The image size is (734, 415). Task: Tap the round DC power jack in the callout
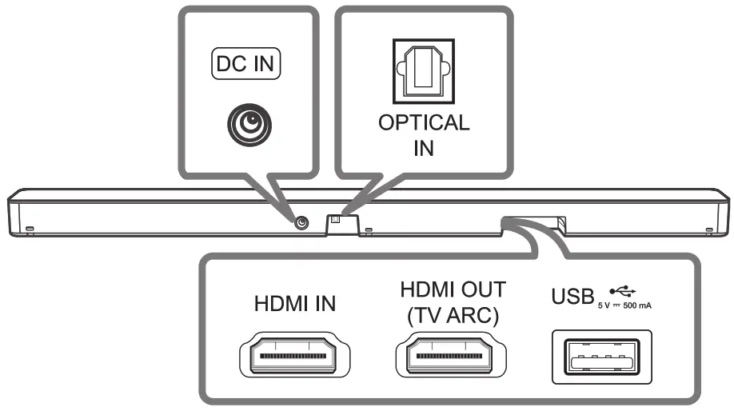(x=246, y=123)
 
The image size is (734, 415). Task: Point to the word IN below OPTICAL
(x=423, y=149)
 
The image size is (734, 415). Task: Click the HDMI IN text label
(x=294, y=304)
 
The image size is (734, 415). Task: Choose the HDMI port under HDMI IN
(x=293, y=353)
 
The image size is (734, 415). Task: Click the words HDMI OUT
(x=453, y=289)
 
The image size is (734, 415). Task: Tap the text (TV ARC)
(x=453, y=316)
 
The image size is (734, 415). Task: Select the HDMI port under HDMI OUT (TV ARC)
(x=452, y=353)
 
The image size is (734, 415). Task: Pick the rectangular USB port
(x=600, y=354)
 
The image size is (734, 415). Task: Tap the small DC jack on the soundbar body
(x=301, y=223)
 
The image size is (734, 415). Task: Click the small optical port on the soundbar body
(x=336, y=219)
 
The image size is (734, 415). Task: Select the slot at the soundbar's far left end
(x=30, y=230)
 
